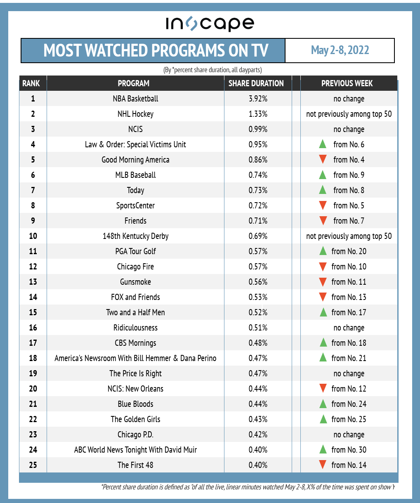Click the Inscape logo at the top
point(210,24)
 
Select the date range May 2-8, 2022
point(340,50)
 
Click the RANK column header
point(31,83)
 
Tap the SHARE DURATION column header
point(256,83)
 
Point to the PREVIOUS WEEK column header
point(347,83)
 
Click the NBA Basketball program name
point(135,99)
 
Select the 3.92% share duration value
point(258,99)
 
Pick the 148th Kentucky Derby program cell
point(135,236)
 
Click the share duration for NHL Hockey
point(258,114)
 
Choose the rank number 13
point(33,282)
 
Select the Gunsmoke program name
point(135,282)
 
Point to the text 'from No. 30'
point(349,450)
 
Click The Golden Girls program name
point(135,419)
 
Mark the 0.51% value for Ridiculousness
point(258,328)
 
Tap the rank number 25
point(33,465)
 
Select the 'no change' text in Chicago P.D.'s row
point(349,435)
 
